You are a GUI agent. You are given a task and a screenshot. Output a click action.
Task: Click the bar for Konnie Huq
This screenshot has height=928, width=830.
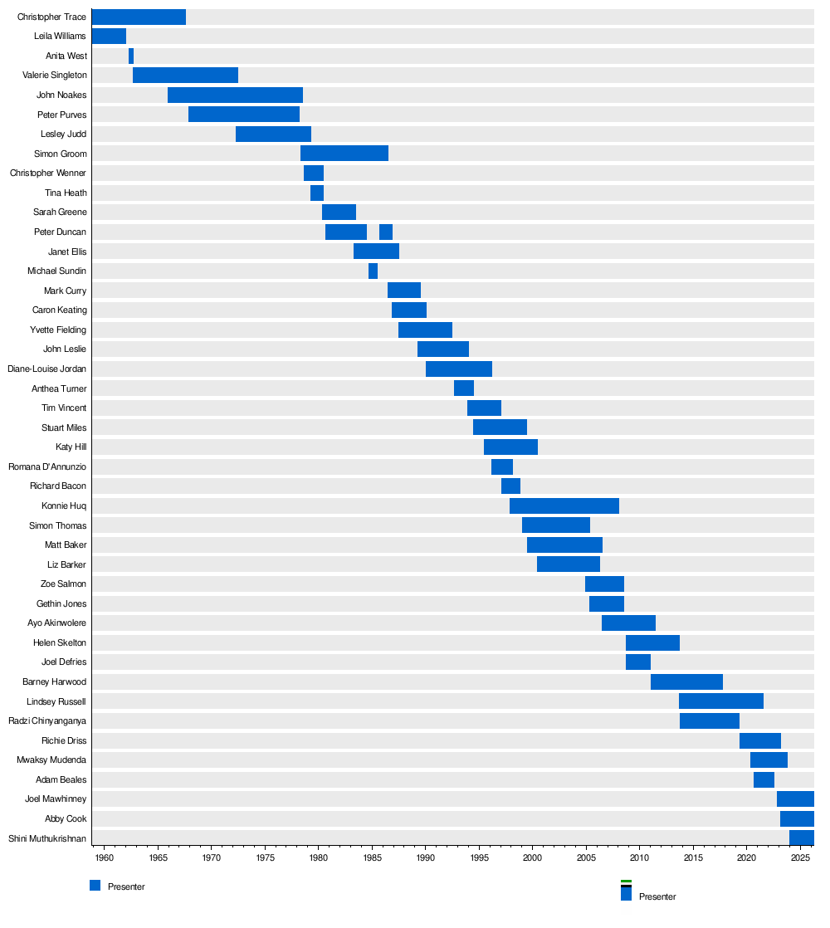pyautogui.click(x=564, y=506)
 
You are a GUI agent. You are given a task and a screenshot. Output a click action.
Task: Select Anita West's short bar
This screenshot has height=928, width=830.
pyautogui.click(x=131, y=56)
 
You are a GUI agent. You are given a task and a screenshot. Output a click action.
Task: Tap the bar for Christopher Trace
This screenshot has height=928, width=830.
pyautogui.click(x=139, y=17)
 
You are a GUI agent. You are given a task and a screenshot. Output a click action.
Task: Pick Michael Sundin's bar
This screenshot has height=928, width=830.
pyautogui.click(x=373, y=271)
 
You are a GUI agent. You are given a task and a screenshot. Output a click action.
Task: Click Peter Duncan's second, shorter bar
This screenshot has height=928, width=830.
pyautogui.click(x=386, y=232)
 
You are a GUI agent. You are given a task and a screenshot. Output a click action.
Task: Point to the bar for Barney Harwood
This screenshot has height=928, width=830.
pyautogui.click(x=686, y=681)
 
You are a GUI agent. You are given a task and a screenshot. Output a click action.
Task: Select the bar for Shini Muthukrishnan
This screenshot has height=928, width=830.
pyautogui.click(x=801, y=838)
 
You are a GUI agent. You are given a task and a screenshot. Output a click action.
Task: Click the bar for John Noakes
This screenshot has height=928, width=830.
pyautogui.click(x=235, y=95)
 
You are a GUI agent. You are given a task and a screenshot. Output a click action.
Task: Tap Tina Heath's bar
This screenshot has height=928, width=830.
pyautogui.click(x=317, y=193)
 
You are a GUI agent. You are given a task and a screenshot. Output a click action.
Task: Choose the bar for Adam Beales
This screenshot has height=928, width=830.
pyautogui.click(x=764, y=779)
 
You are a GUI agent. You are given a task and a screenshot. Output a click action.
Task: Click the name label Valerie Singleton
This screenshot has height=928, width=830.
pyautogui.click(x=55, y=76)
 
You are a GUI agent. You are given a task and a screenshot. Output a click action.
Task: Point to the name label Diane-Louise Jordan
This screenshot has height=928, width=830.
pyautogui.click(x=47, y=369)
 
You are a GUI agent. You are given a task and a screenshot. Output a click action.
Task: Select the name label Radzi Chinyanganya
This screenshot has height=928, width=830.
pyautogui.click(x=47, y=720)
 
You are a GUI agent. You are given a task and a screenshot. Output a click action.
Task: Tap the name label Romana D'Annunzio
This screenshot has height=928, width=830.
pyautogui.click(x=47, y=466)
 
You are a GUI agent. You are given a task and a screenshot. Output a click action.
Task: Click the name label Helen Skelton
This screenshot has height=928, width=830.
pyautogui.click(x=60, y=642)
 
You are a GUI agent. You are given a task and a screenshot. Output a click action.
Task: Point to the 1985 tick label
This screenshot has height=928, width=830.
pyautogui.click(x=372, y=857)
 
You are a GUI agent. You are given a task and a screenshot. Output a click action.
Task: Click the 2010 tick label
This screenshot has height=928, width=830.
pyautogui.click(x=639, y=857)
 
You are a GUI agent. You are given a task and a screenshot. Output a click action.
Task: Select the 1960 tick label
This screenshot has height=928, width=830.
pyautogui.click(x=104, y=857)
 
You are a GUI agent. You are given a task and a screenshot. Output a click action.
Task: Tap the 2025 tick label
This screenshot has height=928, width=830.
pyautogui.click(x=800, y=857)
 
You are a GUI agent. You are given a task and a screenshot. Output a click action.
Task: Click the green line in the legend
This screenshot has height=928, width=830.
pyautogui.click(x=626, y=882)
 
